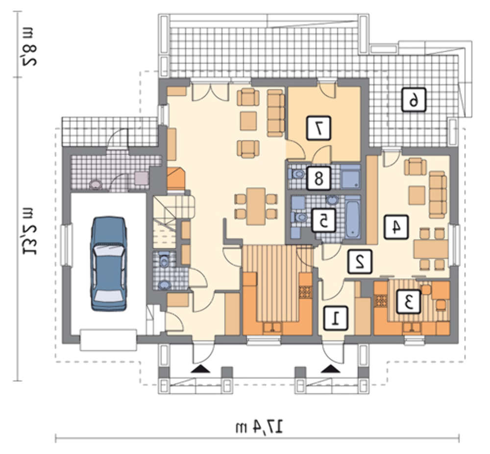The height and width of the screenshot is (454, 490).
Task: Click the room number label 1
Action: tap(336, 318)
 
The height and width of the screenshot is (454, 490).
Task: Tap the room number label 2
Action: tap(360, 262)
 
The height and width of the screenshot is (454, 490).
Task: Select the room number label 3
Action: tap(409, 302)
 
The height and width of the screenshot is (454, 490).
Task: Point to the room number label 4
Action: tap(396, 227)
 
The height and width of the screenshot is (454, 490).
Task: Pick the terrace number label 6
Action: tap(414, 100)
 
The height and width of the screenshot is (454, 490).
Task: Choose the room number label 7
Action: tap(318, 128)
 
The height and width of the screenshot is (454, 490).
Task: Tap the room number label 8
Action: tap(318, 178)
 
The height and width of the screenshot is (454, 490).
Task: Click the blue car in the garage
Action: tap(109, 263)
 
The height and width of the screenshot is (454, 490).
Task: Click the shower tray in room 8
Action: tap(350, 177)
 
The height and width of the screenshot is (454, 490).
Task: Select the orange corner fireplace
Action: tap(176, 179)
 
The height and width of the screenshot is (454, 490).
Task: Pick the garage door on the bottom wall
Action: tap(108, 340)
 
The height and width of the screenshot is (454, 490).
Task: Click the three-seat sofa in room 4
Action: tap(438, 195)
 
